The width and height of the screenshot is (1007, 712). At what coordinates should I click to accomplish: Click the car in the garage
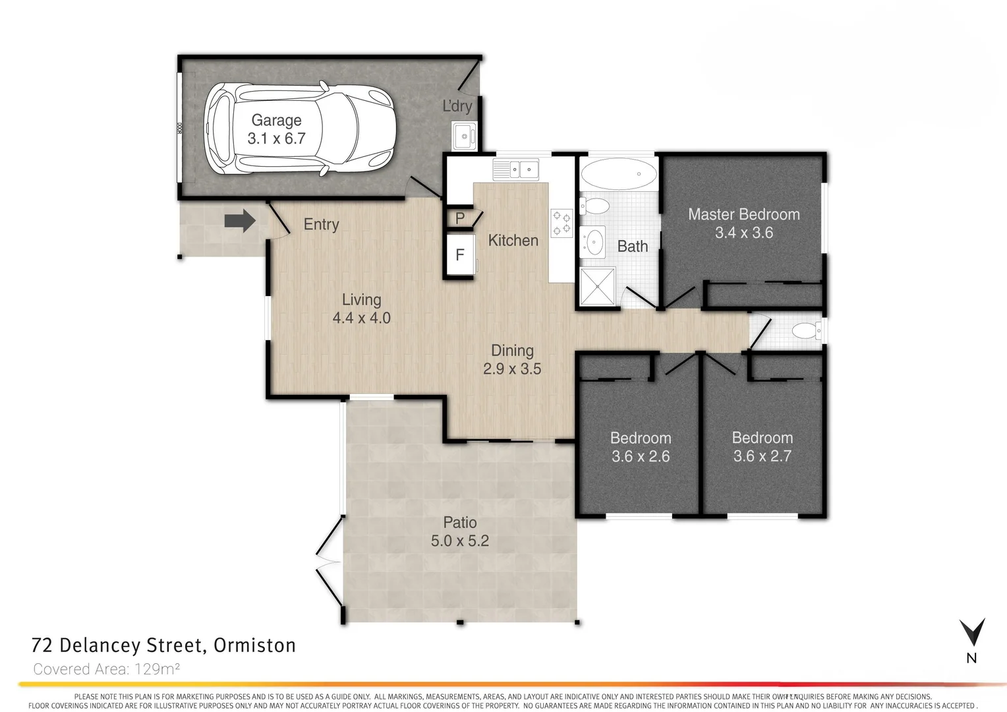point(300,129)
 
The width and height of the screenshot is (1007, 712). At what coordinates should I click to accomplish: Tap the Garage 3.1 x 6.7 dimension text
point(276,138)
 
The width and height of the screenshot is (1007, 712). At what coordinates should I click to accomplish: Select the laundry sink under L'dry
point(463,136)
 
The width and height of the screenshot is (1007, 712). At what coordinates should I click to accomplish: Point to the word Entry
point(321,224)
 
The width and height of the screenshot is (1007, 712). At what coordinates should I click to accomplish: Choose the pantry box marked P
point(460,218)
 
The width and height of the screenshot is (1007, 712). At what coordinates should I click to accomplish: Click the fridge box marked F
point(460,254)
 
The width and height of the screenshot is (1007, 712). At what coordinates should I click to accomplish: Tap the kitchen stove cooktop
point(561,223)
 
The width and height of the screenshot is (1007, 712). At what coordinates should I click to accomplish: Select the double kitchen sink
point(516,169)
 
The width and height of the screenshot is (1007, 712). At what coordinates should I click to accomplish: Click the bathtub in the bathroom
point(618,175)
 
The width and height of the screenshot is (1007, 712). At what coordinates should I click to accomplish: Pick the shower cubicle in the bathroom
point(597,286)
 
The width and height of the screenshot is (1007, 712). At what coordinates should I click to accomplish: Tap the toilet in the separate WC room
point(806,330)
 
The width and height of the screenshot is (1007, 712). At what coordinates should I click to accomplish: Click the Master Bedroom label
point(743,214)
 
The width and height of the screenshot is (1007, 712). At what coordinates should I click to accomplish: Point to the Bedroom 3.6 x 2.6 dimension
point(640,456)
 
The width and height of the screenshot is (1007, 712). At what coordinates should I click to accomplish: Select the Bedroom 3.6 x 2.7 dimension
point(762,456)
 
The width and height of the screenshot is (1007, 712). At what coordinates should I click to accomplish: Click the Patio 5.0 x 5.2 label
point(459,532)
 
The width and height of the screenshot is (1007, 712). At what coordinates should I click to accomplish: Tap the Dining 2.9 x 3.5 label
point(512,360)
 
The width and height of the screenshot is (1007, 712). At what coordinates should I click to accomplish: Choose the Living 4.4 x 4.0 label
point(361,309)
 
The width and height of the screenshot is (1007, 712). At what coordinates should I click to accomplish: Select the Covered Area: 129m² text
point(107,669)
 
